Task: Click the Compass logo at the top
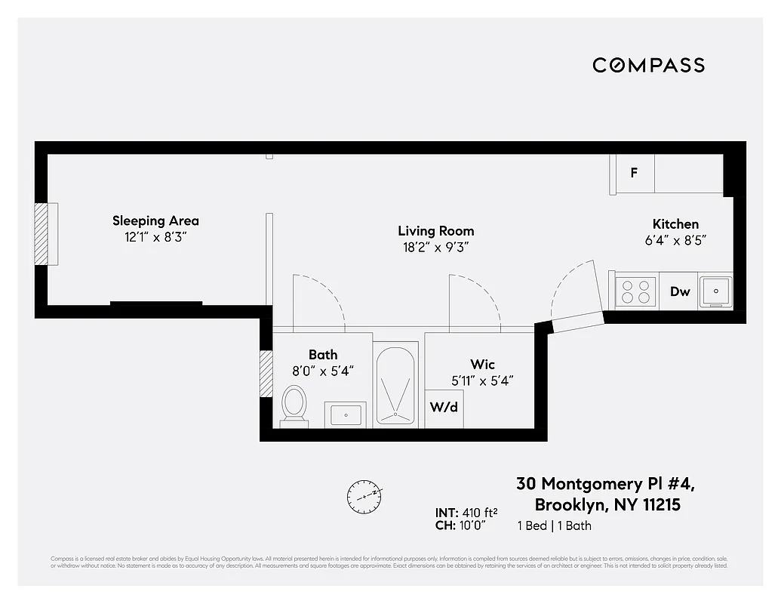click(x=648, y=65)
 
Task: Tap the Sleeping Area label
click(x=155, y=220)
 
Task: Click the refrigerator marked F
click(x=634, y=172)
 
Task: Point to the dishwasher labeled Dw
click(x=680, y=291)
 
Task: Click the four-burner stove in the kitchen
click(x=635, y=291)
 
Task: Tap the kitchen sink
click(x=714, y=291)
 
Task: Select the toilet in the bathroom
click(x=294, y=405)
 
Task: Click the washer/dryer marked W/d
click(x=444, y=408)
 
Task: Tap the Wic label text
click(x=482, y=365)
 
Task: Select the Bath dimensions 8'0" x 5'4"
click(x=323, y=371)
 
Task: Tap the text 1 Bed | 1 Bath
click(x=554, y=525)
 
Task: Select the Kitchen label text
click(x=675, y=223)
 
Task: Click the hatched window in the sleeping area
click(x=41, y=233)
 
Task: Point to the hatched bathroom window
click(x=266, y=374)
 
